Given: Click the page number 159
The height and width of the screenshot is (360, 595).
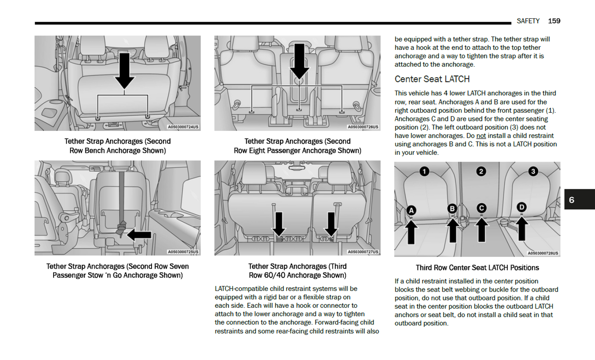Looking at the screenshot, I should tap(554, 21).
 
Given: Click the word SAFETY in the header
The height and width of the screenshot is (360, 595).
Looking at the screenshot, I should tap(528, 21).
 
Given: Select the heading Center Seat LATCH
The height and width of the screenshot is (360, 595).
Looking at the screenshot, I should tap(432, 79).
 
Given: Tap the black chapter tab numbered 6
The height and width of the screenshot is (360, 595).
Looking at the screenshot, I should tap(579, 200).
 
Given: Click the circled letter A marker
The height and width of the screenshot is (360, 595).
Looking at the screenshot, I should tap(411, 211).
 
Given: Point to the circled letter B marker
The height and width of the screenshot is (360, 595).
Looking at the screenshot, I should tap(452, 209).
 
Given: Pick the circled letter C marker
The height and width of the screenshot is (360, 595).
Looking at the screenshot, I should tap(481, 208).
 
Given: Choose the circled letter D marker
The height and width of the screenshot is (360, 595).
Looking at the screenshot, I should tap(522, 207).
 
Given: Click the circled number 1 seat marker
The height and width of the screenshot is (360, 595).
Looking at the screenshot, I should tap(424, 171).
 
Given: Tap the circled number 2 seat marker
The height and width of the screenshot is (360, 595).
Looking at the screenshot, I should tap(481, 171).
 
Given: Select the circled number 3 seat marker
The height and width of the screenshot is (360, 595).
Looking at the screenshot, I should tap(533, 171).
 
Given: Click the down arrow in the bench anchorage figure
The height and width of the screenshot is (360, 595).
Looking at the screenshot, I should tap(124, 70).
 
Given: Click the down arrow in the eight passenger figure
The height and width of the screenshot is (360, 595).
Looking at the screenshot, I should tap(299, 61).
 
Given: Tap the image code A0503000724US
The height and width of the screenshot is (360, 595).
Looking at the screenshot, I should tap(183, 127).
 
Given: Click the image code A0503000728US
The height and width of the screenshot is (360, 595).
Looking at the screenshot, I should tap(543, 253).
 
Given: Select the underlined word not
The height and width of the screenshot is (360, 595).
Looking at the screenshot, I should tap(481, 136).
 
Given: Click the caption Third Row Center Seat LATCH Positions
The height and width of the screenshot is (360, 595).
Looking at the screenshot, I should tap(477, 268).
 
